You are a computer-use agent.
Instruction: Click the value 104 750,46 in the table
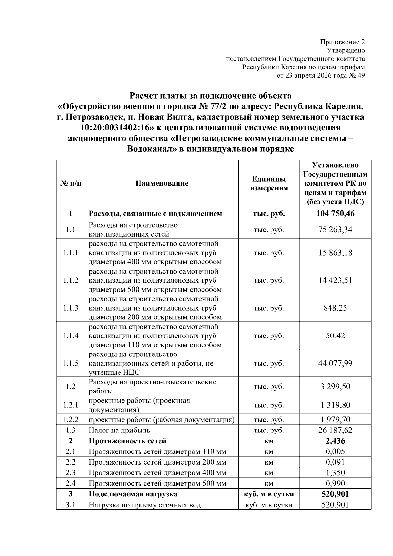pos(335,214)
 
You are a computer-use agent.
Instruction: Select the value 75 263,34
pos(335,229)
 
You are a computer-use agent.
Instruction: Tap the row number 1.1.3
pos(71,308)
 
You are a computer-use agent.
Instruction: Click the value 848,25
pos(335,308)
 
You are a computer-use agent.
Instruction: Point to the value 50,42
pos(335,336)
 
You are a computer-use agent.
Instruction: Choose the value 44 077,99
pos(335,363)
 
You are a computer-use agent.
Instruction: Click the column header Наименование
pos(162,183)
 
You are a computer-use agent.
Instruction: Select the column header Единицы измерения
pos(269,183)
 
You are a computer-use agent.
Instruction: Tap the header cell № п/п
pos(71,183)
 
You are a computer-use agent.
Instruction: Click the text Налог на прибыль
pos(119,430)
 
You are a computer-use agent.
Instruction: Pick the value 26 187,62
pos(335,430)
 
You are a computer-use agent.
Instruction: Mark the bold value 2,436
pos(335,441)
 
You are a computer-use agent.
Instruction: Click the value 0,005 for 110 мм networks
pos(335,451)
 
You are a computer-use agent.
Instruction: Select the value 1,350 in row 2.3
pos(335,472)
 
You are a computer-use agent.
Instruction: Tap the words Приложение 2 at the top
pos(342,42)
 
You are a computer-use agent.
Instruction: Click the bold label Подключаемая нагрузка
pos(133,494)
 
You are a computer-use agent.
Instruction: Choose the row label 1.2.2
pos(71,420)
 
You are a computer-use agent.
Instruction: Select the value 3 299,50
pos(335,386)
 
